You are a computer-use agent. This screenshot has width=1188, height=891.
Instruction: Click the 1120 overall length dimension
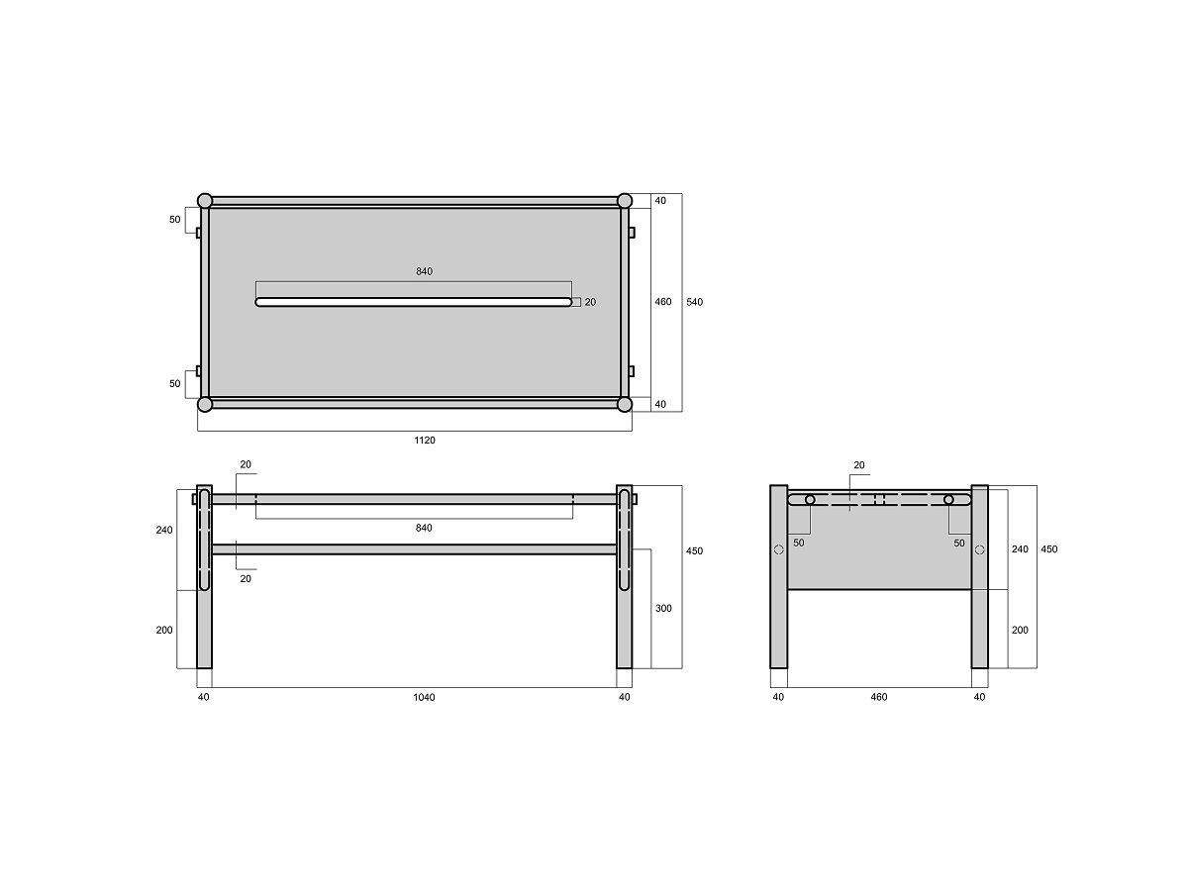click(x=424, y=440)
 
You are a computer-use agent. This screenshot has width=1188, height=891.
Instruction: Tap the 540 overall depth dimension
click(x=694, y=302)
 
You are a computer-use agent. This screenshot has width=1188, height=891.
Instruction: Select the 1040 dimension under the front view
click(x=424, y=697)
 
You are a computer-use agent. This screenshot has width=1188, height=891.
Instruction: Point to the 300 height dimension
click(x=663, y=608)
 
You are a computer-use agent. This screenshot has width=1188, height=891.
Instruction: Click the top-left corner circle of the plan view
click(x=205, y=201)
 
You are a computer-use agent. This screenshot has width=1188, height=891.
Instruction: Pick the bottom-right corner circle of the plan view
click(x=625, y=404)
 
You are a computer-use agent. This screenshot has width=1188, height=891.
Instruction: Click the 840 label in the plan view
click(x=424, y=271)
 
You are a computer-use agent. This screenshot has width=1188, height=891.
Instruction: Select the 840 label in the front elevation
click(x=424, y=528)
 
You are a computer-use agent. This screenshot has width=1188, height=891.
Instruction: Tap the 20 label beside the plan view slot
click(x=590, y=302)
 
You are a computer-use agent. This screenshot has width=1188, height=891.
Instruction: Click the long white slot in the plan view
click(x=414, y=302)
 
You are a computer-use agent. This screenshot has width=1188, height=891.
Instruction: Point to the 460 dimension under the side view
click(x=878, y=697)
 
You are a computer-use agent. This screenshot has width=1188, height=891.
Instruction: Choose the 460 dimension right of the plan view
click(x=663, y=302)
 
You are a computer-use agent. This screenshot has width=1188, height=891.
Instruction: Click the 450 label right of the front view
click(x=694, y=550)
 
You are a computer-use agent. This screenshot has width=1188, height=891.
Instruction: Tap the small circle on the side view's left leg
click(x=778, y=550)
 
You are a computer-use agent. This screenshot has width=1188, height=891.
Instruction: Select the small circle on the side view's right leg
click(x=979, y=550)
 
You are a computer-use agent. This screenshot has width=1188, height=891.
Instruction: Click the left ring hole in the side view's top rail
click(x=810, y=500)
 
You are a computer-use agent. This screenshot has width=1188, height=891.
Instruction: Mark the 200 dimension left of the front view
click(x=164, y=630)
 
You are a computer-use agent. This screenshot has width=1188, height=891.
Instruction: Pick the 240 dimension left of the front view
click(x=164, y=530)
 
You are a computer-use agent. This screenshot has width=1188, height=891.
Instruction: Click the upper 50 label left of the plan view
click(x=175, y=219)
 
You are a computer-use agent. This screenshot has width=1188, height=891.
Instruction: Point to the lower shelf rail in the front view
click(x=414, y=548)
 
